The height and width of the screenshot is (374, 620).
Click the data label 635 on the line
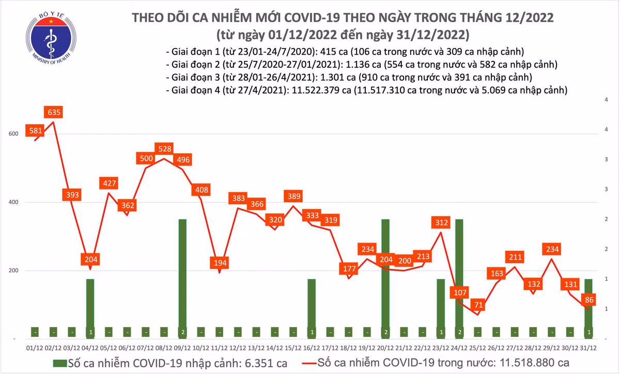tap(53, 112)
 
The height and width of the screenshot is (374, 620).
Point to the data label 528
tap(164, 149)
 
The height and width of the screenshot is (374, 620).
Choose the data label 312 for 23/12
tap(440, 223)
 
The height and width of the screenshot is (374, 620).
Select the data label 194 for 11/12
tap(220, 263)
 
